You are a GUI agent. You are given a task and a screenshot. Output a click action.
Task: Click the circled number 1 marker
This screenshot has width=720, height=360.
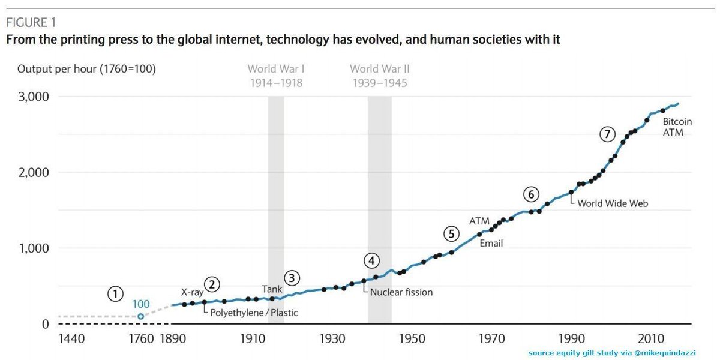(x=115, y=293)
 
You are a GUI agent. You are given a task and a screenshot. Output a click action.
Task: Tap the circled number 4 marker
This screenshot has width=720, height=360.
(x=371, y=260)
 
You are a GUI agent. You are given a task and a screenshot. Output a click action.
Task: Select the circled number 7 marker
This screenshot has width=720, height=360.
(x=607, y=134)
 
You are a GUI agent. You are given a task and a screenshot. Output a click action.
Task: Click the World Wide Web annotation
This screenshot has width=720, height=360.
(x=613, y=203)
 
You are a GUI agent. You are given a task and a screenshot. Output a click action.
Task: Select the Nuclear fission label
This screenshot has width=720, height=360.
(x=401, y=292)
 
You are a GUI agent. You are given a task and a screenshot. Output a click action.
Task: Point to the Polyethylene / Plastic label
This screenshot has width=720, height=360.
(x=254, y=313)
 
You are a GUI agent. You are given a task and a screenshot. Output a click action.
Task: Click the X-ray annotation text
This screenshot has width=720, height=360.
(x=192, y=292)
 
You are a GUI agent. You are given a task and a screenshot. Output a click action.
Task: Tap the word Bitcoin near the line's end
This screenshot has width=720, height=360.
(x=677, y=121)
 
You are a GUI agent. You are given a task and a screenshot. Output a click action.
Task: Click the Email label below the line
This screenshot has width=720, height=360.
(x=491, y=243)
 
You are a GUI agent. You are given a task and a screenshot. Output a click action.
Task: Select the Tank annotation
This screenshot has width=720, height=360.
(x=272, y=289)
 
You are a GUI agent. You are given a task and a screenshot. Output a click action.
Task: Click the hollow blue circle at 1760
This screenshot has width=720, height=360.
(x=141, y=316)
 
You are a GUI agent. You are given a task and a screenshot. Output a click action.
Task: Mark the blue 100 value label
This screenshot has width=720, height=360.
(x=141, y=304)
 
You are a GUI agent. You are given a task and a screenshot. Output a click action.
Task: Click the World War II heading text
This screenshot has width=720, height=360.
(x=379, y=69)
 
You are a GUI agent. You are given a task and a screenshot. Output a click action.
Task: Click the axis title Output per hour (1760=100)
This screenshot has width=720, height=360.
(x=86, y=69)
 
